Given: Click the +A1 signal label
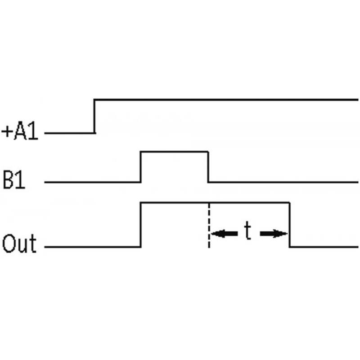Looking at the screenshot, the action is click(x=20, y=131).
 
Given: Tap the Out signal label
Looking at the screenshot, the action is click(x=19, y=243).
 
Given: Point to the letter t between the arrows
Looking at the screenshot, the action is click(x=248, y=230).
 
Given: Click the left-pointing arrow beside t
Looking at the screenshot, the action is click(x=224, y=234).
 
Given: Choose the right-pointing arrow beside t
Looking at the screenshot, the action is click(x=274, y=234).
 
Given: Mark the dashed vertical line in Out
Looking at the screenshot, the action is click(x=209, y=225).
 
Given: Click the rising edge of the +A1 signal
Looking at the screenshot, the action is click(x=94, y=116).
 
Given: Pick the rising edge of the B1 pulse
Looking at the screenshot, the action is click(x=141, y=167).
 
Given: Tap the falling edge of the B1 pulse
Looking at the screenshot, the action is click(x=208, y=167).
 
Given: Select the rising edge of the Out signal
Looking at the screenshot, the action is click(x=141, y=225).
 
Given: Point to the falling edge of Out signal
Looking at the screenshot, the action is click(x=289, y=225).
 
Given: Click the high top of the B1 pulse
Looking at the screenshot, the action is click(x=175, y=152).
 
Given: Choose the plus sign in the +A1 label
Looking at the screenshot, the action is click(x=7, y=131).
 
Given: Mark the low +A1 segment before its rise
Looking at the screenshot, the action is click(x=70, y=133).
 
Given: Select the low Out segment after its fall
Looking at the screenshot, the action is click(x=324, y=247).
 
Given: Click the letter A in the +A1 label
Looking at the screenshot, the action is click(x=20, y=131).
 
